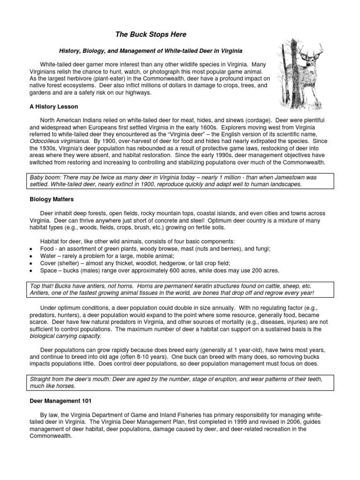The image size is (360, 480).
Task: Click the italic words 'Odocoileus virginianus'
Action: click(x=60, y=141)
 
